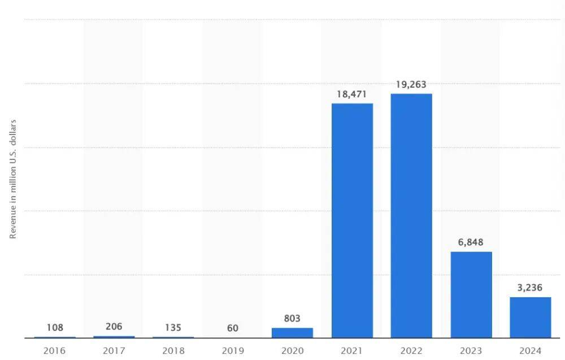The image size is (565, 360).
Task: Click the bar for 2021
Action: pyautogui.click(x=352, y=220)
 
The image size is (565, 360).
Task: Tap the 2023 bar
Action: pyautogui.click(x=471, y=294)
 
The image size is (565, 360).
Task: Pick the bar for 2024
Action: pyautogui.click(x=530, y=318)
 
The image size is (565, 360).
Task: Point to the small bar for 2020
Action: pyautogui.click(x=292, y=333)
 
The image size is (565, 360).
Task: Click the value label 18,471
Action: pyautogui.click(x=352, y=94)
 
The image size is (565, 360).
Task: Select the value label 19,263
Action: pyautogui.click(x=411, y=84)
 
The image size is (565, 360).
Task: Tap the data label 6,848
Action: pyautogui.click(x=471, y=242)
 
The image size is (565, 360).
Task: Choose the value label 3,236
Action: pyautogui.click(x=530, y=288)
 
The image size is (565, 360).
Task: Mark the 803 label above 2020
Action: pyautogui.click(x=292, y=319)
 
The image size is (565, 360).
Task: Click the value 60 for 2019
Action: pyautogui.click(x=233, y=328)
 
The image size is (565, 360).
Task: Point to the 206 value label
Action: pyautogui.click(x=114, y=326)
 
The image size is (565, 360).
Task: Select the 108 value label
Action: pyautogui.click(x=55, y=328)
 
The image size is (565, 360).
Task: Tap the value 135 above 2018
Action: pyautogui.click(x=173, y=328)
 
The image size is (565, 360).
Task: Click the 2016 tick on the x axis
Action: pyautogui.click(x=55, y=350)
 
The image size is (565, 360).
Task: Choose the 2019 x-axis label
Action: pyautogui.click(x=233, y=350)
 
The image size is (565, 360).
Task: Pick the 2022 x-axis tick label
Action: pyautogui.click(x=411, y=350)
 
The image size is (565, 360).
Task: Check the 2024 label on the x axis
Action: pyautogui.click(x=530, y=350)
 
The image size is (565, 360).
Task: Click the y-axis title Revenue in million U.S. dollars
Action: pyautogui.click(x=13, y=179)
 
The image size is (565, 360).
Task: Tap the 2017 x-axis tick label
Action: pyautogui.click(x=114, y=350)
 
